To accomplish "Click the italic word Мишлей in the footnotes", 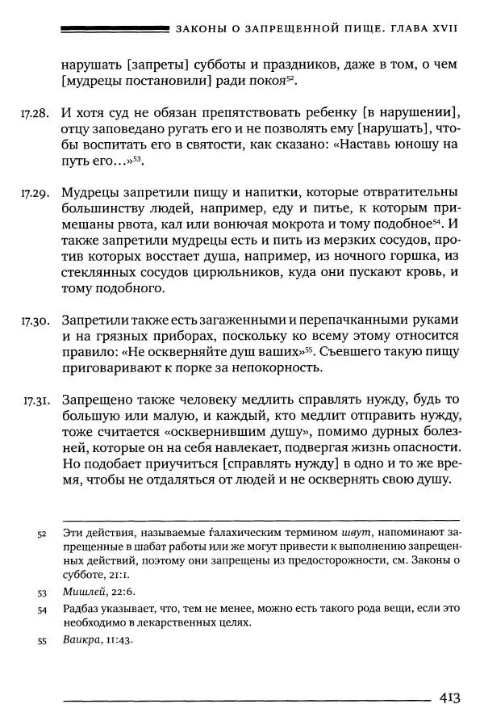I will [x=82, y=591].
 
